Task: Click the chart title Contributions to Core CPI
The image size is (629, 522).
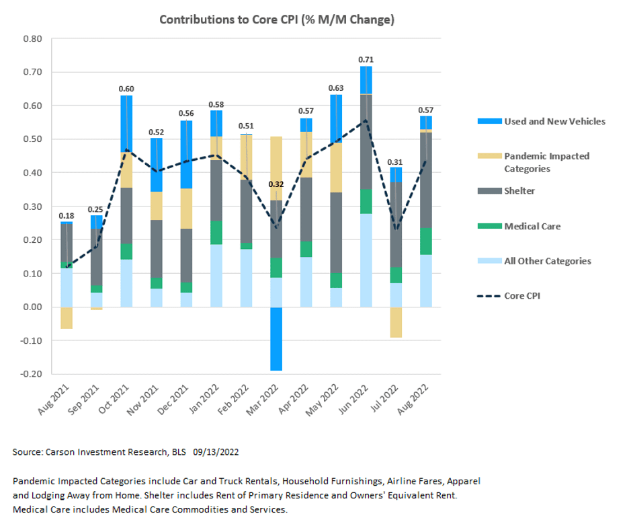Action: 276,20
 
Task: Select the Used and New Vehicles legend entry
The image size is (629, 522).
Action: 554,122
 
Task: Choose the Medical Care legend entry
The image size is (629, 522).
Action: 532,226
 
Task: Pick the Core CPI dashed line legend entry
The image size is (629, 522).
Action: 522,296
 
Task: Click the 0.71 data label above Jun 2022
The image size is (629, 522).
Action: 366,60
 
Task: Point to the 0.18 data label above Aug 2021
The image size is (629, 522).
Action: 67,216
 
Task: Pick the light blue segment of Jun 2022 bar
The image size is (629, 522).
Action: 366,260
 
